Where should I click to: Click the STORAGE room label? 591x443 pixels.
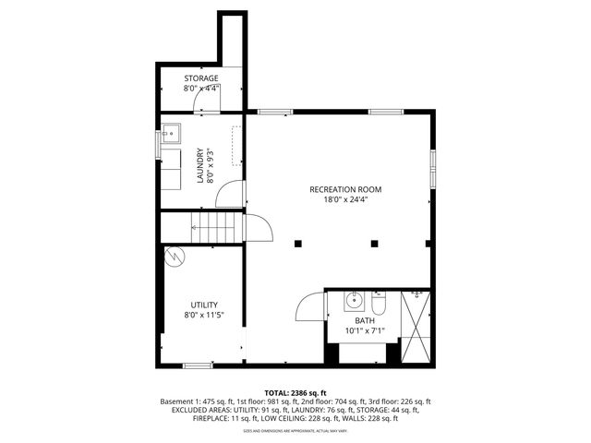point(200,78)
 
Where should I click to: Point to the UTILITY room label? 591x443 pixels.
point(204,305)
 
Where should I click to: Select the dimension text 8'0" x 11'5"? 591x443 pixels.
point(204,316)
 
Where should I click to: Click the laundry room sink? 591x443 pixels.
point(170,134)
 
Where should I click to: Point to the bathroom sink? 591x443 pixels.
point(353,300)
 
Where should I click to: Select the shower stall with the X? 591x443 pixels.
point(416,327)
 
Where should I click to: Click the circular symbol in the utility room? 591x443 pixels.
point(174,256)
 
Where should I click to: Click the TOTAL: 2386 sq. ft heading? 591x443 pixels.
point(296,392)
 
